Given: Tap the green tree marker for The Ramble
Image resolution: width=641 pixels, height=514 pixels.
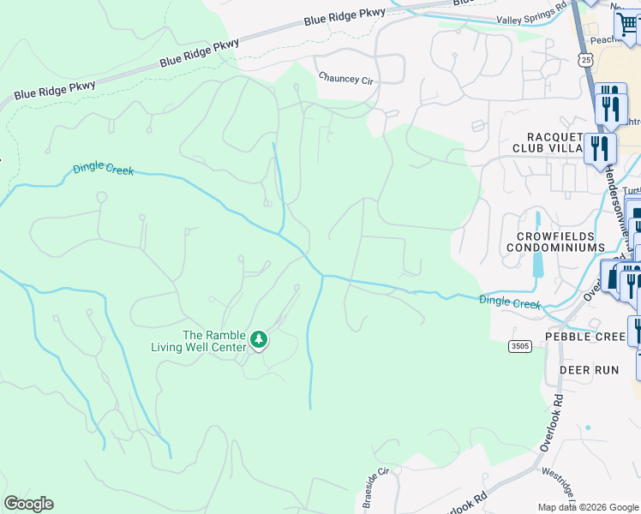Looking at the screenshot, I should point(258,341).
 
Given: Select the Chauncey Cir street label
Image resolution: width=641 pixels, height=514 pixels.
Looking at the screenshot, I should point(347,78).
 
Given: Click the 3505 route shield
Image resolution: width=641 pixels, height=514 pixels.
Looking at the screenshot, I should point(518,346).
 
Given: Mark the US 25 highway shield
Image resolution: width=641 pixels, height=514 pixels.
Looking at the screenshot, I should point(585,58).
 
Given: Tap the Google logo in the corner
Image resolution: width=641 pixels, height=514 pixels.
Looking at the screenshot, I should point(28,504).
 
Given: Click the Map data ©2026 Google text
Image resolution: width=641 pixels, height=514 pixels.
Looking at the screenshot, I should point(588,507).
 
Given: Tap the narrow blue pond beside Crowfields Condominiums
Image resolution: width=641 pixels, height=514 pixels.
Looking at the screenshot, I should point(537,244).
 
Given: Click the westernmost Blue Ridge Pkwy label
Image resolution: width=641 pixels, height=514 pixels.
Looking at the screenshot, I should point(55,90).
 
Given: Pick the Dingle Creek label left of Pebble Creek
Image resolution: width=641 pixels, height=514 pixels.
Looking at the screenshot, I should point(509,302).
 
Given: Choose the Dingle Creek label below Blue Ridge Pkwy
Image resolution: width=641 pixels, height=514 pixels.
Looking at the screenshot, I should point(103,169).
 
